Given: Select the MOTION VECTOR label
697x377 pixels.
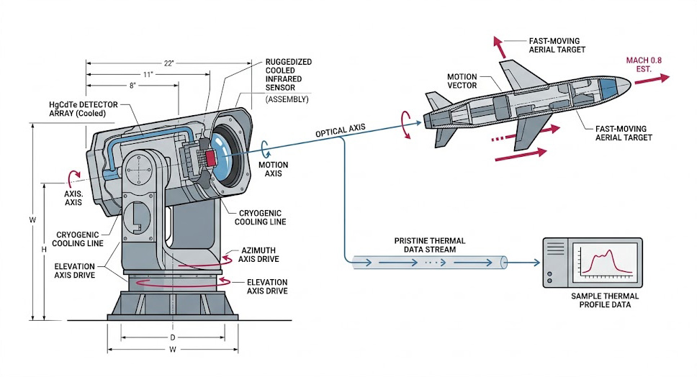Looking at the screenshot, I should tap(463, 81).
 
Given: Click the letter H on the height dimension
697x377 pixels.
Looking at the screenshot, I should tap(45, 249).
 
